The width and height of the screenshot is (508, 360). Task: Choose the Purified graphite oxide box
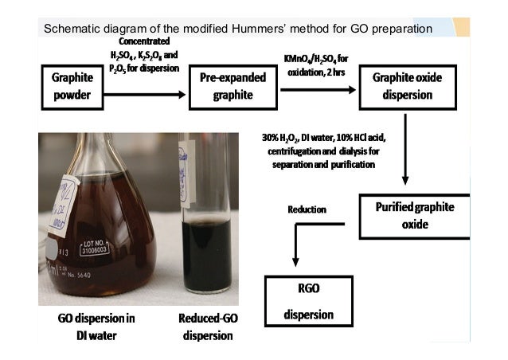tap(414, 215)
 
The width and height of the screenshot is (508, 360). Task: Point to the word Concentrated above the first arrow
tap(144, 42)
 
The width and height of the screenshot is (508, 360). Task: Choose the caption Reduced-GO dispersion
tap(208, 326)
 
